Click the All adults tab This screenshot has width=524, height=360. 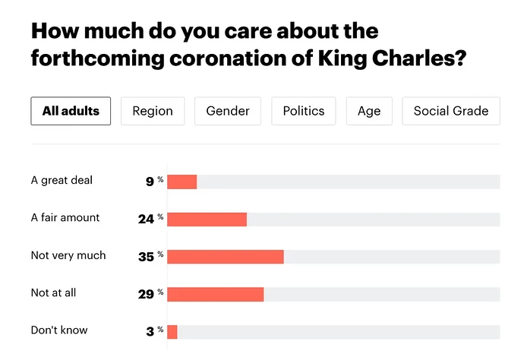[71, 111]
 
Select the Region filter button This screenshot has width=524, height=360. [153, 111]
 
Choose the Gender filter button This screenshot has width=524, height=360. [228, 111]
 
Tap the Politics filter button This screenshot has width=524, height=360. [304, 111]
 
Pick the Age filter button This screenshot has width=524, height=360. [369, 111]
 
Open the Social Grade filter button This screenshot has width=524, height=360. [451, 111]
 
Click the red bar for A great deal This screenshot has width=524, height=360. [182, 182]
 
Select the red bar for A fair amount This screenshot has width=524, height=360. [207, 219]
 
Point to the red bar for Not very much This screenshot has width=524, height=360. [226, 257]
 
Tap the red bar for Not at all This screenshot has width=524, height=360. [216, 294]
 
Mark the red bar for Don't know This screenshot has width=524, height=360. [172, 332]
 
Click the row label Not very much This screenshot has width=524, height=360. [68, 255]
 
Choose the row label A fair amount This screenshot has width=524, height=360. [65, 218]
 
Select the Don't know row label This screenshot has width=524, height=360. [59, 330]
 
